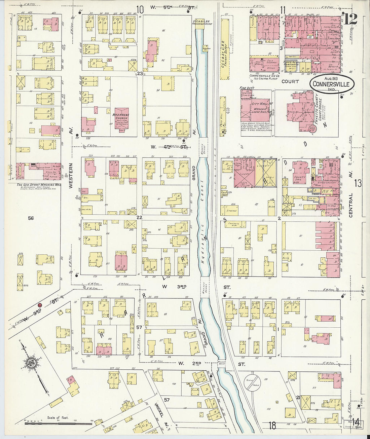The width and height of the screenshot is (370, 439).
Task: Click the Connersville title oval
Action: [332, 83]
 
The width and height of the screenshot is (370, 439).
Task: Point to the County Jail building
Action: [299, 173]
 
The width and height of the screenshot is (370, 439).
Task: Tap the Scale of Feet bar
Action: [54, 423]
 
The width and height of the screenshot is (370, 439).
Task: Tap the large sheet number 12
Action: [350, 20]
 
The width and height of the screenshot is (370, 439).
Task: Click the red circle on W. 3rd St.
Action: [40, 305]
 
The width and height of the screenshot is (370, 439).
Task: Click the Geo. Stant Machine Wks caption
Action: [39, 185]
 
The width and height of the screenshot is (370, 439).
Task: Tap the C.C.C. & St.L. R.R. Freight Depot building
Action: [224, 49]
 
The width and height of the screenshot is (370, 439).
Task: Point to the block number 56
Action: [31, 218]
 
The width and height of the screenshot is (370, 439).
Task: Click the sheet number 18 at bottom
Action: [272, 426]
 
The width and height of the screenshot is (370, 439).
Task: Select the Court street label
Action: [290, 81]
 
